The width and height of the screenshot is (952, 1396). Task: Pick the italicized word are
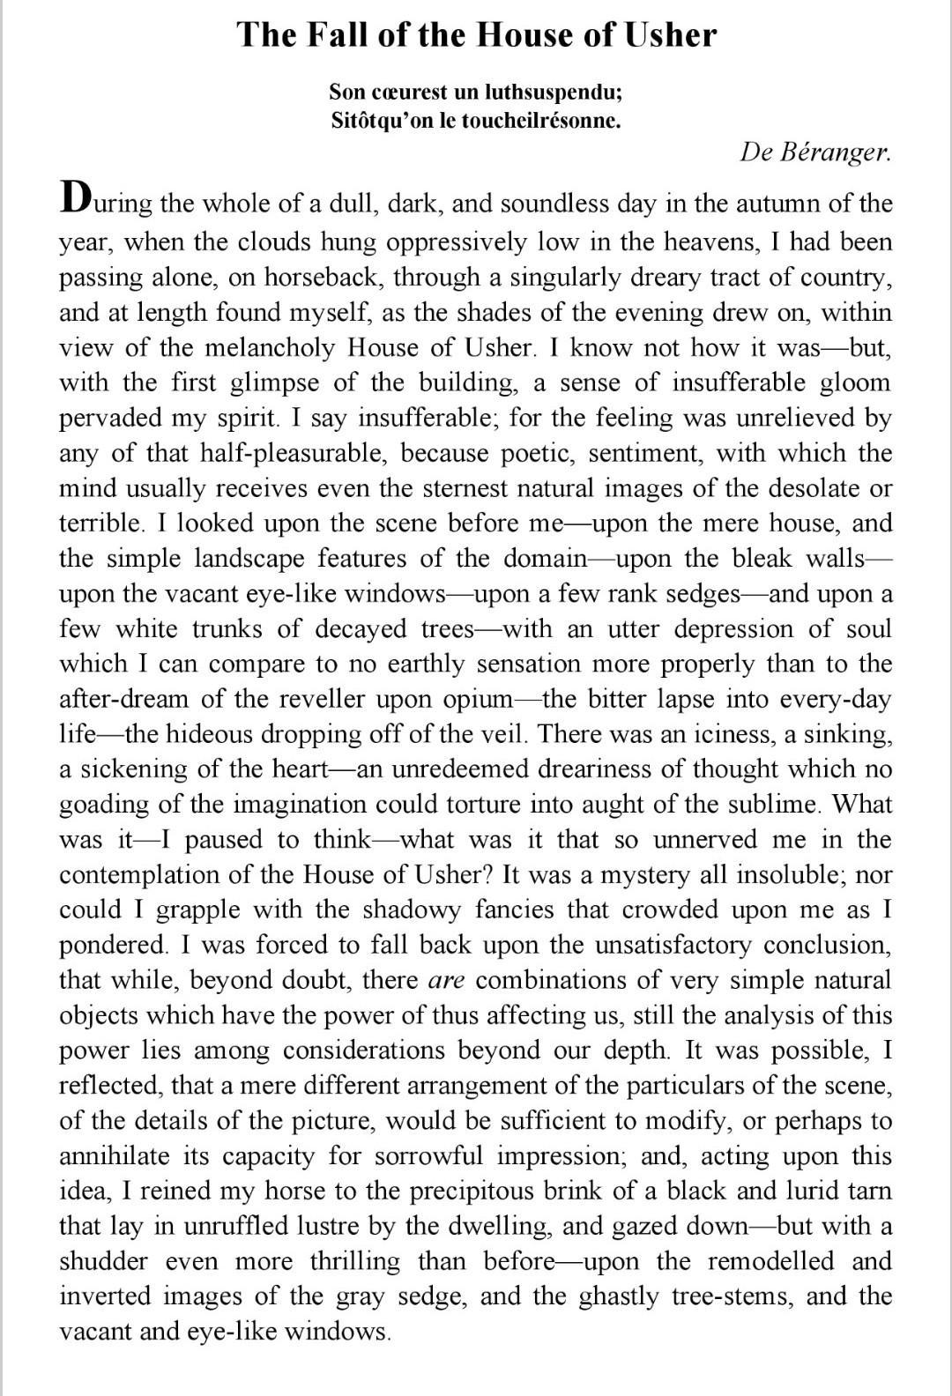click(x=447, y=980)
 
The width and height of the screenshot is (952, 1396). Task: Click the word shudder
click(x=103, y=1261)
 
